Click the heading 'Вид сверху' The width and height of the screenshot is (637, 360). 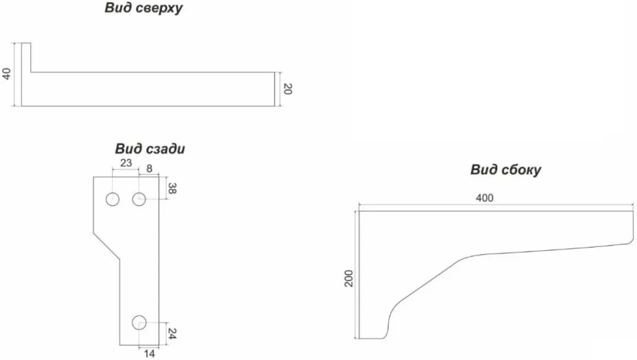click(144, 8)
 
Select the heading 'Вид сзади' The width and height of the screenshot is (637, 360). click(150, 148)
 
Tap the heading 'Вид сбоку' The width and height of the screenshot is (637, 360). click(506, 169)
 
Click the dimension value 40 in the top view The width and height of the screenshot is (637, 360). click(7, 74)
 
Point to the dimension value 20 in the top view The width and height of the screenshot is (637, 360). click(287, 89)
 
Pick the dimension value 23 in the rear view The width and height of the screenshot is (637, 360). click(126, 163)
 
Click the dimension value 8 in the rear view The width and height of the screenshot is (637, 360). click(149, 169)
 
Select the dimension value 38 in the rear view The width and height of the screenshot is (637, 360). click(172, 188)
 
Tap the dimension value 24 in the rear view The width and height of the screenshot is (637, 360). click(172, 334)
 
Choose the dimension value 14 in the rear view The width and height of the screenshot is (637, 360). click(149, 354)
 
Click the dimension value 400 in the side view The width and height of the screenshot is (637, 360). click(484, 198)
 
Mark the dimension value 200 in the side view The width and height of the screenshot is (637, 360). click(349, 279)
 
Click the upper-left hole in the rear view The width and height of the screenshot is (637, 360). click(112, 200)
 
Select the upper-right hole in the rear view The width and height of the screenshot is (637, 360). click(139, 199)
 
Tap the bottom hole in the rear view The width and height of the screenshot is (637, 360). click(139, 322)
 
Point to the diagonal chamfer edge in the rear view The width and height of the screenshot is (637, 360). click(106, 246)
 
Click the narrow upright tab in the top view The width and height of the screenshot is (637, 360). click(26, 58)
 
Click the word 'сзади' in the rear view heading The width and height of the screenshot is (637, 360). click(165, 148)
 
